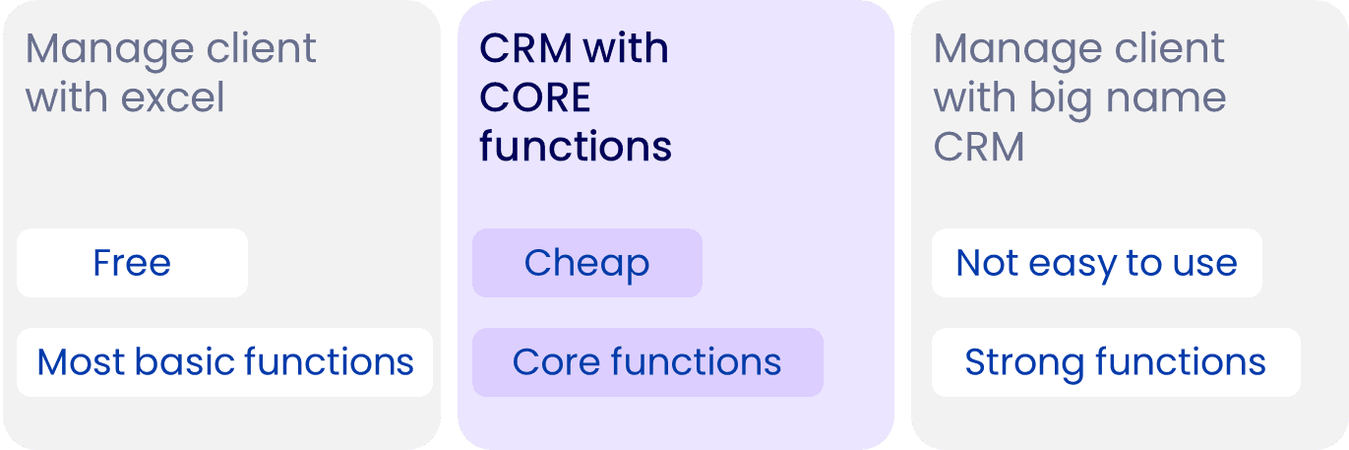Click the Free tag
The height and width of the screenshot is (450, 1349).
[133, 263]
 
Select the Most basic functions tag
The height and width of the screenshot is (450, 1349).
[224, 362]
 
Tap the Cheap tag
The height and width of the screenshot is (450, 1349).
[587, 263]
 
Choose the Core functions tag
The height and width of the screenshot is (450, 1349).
[647, 362]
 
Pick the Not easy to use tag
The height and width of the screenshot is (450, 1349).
[1097, 263]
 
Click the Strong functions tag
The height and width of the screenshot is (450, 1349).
[1116, 362]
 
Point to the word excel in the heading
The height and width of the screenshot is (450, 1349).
[172, 96]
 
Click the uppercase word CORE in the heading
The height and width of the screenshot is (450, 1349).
[535, 96]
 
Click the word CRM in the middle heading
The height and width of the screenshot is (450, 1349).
[525, 48]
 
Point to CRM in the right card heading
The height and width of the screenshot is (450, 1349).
[979, 147]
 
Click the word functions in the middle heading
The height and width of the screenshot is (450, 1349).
[576, 146]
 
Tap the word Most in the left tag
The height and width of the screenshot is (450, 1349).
[82, 362]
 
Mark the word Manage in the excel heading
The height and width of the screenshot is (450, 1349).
[109, 50]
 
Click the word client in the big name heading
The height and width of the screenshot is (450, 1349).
[1170, 47]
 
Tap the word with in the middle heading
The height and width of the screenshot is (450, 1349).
[627, 47]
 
